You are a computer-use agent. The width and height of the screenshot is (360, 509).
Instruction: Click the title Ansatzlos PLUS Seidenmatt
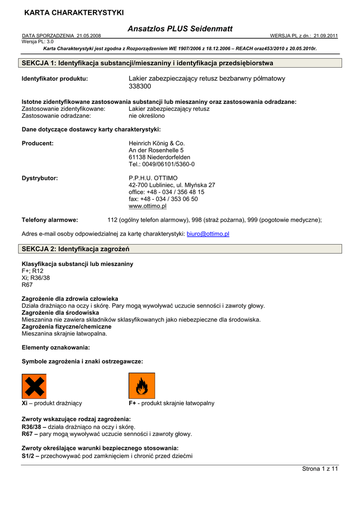click(x=180, y=29)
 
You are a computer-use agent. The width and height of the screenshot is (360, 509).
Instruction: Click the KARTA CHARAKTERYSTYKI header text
click(x=74, y=12)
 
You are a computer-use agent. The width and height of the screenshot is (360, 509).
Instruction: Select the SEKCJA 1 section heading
click(x=148, y=63)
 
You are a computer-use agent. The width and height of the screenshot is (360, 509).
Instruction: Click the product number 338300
click(x=140, y=86)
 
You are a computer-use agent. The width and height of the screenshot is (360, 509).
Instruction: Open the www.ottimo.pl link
click(x=148, y=206)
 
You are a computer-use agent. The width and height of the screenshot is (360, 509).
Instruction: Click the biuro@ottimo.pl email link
click(x=208, y=234)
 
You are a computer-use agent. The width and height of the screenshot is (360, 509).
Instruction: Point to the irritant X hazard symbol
click(x=34, y=386)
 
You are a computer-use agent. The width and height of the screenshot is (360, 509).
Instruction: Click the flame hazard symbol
click(x=141, y=386)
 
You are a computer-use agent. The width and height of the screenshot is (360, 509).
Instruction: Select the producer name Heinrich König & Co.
click(x=156, y=143)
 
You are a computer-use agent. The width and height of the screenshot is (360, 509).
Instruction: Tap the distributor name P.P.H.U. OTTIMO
click(x=153, y=178)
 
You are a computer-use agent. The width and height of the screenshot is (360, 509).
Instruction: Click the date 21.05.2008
click(x=89, y=36)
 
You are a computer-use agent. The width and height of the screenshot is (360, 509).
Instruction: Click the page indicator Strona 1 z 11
click(x=320, y=469)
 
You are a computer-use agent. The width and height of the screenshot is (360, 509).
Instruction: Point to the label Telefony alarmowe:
click(x=50, y=220)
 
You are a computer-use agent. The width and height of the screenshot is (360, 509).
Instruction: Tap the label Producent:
click(x=38, y=143)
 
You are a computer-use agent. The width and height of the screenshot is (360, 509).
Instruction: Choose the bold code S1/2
click(x=28, y=456)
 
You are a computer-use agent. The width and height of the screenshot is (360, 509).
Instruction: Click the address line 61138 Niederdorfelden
click(x=159, y=157)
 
